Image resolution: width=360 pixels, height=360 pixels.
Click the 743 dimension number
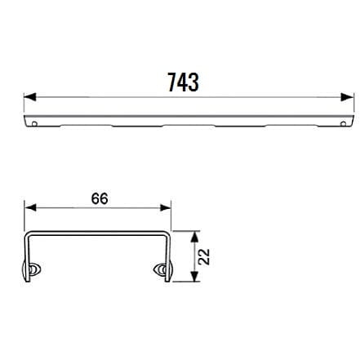point(183,82)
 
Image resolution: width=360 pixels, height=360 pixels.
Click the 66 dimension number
point(100,198)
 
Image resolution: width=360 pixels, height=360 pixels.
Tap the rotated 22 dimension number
point(204,256)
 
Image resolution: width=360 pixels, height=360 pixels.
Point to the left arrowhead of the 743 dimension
point(30,97)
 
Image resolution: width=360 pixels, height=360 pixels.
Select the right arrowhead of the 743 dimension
point(348,97)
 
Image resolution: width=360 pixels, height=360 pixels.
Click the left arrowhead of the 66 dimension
point(30,208)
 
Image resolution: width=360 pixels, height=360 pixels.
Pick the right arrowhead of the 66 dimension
point(165,208)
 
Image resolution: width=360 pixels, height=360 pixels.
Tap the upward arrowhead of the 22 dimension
point(194,237)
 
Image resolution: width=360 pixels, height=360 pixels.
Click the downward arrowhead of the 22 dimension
point(194,276)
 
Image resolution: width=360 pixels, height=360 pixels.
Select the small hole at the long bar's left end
point(34,124)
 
